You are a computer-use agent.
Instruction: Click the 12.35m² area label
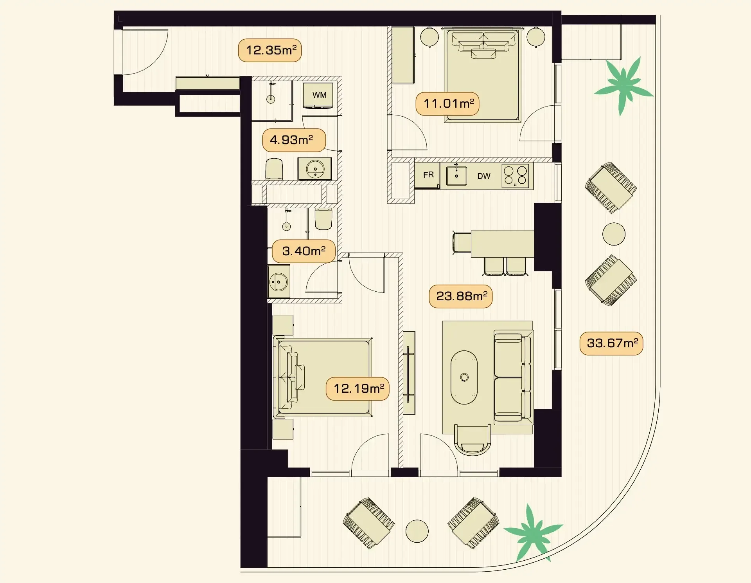[x=270, y=51]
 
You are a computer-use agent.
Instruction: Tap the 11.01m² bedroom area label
[x=447, y=104]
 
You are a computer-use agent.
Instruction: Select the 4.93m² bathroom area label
[x=294, y=140]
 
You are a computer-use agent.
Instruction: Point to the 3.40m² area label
[x=304, y=251]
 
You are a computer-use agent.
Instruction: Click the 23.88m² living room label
[x=461, y=296]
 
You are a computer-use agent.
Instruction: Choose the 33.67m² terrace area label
[x=611, y=343]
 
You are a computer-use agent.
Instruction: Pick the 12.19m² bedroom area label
[x=358, y=389]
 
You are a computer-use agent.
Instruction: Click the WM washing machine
[x=318, y=95]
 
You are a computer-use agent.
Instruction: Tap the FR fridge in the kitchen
[x=428, y=175]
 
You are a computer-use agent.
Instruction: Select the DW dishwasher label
[x=484, y=176]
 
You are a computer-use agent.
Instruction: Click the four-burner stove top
[x=515, y=176]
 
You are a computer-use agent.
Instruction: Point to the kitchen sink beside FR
[x=456, y=175]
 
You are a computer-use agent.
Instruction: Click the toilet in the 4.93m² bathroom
[x=274, y=169]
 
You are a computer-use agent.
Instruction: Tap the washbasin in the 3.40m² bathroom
[x=279, y=282]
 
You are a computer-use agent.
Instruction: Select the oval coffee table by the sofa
[x=464, y=377]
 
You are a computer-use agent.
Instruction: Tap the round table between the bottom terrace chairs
[x=417, y=531]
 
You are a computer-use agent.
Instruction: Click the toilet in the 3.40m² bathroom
[x=323, y=219]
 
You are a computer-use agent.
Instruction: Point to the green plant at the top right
[x=623, y=86]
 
